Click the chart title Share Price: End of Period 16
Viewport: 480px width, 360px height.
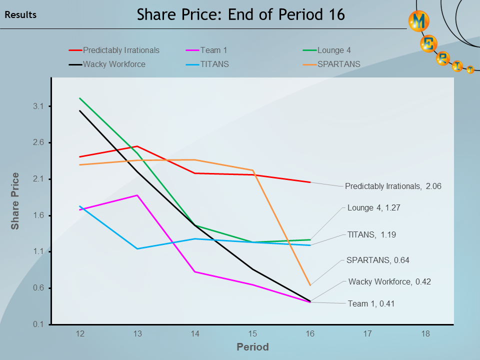click(240, 14)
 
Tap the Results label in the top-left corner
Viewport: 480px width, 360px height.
click(20, 15)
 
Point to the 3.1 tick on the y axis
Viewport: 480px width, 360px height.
click(39, 106)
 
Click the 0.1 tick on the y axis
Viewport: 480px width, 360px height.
click(39, 324)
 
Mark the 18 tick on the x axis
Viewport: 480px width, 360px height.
click(425, 333)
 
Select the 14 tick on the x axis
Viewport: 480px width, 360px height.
click(195, 333)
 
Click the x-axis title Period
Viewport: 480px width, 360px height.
click(252, 347)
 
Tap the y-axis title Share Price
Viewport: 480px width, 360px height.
click(15, 201)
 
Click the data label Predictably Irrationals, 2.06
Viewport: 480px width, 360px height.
click(393, 186)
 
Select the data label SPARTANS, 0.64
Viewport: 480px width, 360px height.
click(377, 260)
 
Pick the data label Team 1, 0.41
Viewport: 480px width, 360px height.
click(371, 303)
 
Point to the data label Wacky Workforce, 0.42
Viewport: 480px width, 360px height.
click(389, 281)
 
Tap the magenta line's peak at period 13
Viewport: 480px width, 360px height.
click(137, 195)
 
